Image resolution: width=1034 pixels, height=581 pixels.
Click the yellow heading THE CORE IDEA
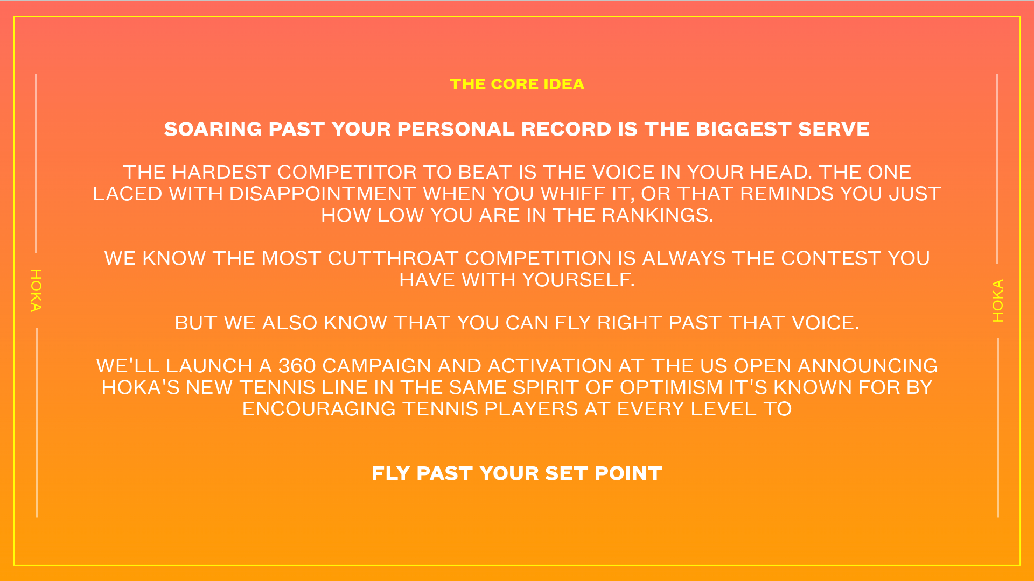(x=517, y=84)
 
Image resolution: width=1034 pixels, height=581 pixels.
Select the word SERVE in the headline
(x=834, y=130)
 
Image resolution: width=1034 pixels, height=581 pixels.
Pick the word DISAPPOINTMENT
(x=323, y=194)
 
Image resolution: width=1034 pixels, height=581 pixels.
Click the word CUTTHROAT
(x=393, y=259)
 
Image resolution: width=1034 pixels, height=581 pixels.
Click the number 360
(x=297, y=366)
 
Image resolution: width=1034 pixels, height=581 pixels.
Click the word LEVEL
(x=723, y=409)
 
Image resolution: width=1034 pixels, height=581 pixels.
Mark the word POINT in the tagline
(x=628, y=474)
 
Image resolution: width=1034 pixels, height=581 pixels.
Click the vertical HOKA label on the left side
(x=36, y=290)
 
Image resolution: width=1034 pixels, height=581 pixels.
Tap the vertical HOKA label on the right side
(x=998, y=301)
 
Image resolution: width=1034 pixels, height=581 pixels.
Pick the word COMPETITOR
(x=347, y=173)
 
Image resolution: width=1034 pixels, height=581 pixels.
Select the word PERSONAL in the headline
(x=456, y=130)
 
